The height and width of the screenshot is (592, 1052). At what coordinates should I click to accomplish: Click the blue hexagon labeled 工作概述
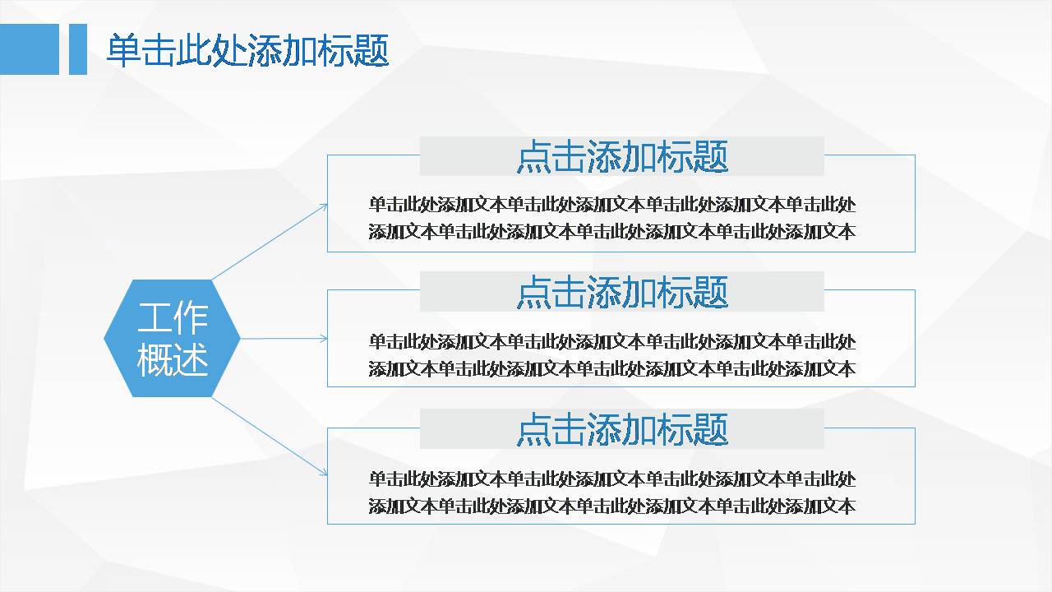click(172, 338)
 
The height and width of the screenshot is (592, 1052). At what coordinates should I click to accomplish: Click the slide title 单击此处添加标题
click(248, 50)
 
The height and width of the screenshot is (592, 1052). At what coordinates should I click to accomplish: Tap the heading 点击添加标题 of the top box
click(622, 156)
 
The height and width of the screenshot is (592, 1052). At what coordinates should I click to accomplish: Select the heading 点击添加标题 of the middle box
click(622, 292)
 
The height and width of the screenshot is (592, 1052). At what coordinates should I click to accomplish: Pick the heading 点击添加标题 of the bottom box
click(622, 429)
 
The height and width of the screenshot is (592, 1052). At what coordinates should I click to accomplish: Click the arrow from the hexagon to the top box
click(270, 242)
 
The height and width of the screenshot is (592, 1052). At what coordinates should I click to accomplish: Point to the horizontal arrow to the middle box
click(284, 338)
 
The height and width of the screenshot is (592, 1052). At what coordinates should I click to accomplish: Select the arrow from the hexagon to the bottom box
click(270, 437)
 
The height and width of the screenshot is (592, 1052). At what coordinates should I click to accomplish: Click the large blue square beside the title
click(30, 49)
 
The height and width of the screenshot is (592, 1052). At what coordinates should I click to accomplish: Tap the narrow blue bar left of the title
click(78, 49)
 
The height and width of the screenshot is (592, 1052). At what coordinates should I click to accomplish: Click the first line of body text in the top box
click(612, 205)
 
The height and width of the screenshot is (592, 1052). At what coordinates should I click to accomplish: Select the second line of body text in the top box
click(612, 232)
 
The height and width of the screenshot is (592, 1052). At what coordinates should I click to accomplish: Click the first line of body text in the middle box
click(612, 341)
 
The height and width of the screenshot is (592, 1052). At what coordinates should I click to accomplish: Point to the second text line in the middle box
click(612, 369)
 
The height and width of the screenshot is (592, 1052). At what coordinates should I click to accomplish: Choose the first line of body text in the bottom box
click(612, 479)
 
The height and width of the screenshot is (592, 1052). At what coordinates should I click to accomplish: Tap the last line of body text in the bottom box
click(612, 506)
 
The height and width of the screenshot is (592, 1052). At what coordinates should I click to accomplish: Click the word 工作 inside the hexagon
click(173, 317)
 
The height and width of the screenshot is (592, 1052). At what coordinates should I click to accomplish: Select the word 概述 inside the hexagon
click(173, 359)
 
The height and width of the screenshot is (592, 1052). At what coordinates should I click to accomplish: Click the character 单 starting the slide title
click(124, 50)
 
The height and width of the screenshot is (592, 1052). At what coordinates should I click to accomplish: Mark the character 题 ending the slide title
click(372, 50)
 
